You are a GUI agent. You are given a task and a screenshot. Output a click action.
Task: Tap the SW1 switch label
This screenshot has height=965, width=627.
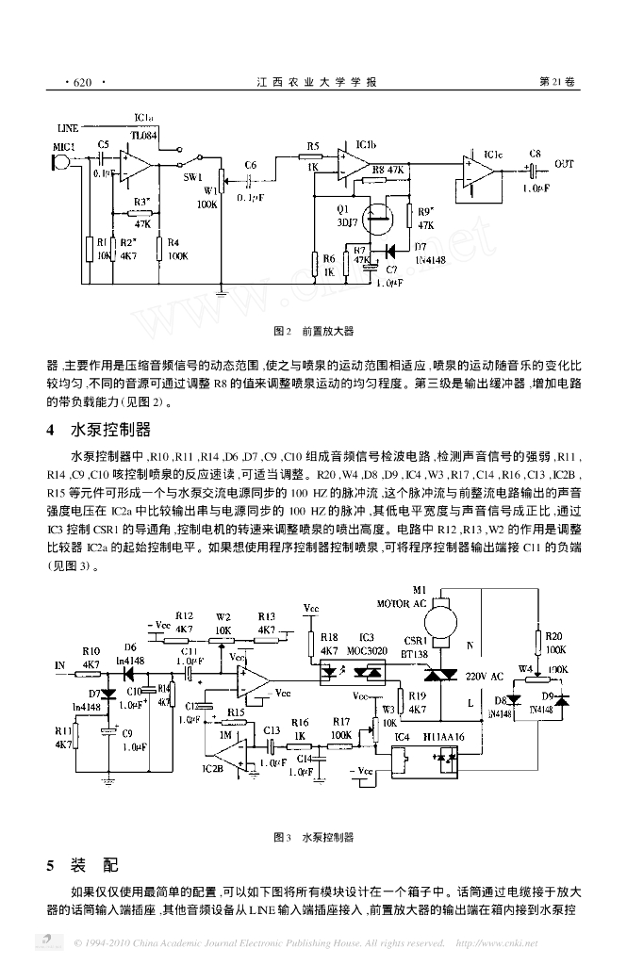191,176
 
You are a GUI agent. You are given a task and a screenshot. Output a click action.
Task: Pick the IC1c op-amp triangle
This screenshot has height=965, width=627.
482,172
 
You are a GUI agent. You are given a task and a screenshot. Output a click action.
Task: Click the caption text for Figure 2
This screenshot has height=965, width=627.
312,332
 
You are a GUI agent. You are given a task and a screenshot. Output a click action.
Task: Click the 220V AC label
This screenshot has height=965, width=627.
486,677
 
